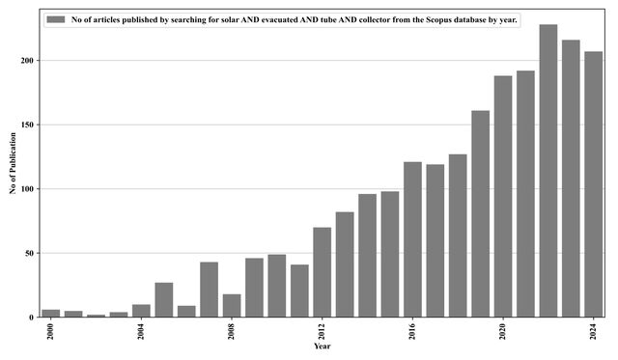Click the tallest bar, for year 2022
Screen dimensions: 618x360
point(548,171)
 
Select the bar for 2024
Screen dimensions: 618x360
point(594,184)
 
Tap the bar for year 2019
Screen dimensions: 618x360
point(481,214)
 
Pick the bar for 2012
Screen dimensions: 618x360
point(322,272)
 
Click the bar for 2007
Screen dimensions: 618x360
point(209,290)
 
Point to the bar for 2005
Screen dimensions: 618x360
point(164,300)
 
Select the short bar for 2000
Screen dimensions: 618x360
point(51,313)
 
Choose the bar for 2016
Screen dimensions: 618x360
point(412,239)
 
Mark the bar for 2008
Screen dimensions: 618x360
point(232,306)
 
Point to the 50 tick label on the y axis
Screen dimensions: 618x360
point(30,253)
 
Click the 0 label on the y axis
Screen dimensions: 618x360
point(32,318)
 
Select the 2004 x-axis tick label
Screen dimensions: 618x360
point(141,332)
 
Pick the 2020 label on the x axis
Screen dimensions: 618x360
point(503,332)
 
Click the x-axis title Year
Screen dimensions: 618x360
point(322,346)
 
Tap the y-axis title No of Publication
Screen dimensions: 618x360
point(13,163)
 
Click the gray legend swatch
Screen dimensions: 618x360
point(56,19)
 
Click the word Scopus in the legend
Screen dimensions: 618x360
point(437,19)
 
